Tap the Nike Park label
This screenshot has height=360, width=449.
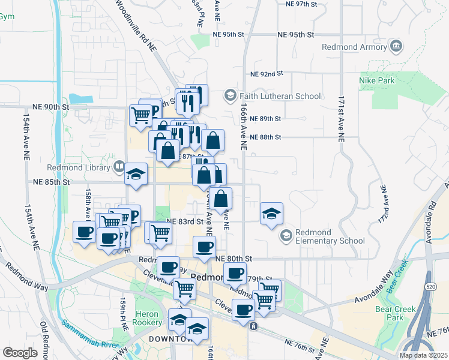tap(376, 80)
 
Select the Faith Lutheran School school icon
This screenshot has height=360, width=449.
tap(229, 95)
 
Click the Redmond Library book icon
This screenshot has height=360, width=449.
tap(119, 166)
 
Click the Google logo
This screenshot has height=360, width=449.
tap(20, 353)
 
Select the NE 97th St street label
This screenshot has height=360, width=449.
tap(298, 4)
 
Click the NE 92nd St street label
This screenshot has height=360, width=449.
tap(266, 74)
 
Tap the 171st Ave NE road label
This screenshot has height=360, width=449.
tap(341, 118)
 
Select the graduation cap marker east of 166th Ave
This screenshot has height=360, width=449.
tap(271, 213)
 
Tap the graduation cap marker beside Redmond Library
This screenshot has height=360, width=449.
tap(136, 175)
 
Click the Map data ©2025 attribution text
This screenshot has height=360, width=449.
tap(424, 355)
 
